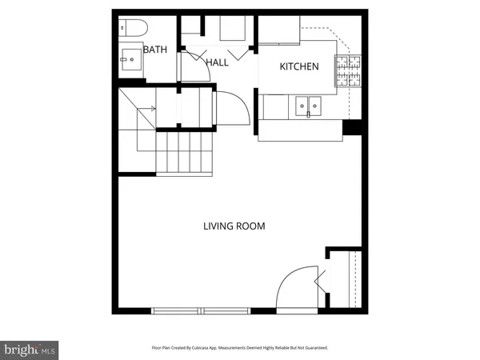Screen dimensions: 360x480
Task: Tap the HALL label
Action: pyautogui.click(x=218, y=62)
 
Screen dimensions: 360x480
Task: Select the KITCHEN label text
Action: pyautogui.click(x=299, y=66)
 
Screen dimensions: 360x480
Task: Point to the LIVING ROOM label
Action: pyautogui.click(x=234, y=226)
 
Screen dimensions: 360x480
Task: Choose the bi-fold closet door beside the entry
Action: pyautogui.click(x=322, y=280)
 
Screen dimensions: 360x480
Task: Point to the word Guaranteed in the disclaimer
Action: pyautogui.click(x=314, y=348)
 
